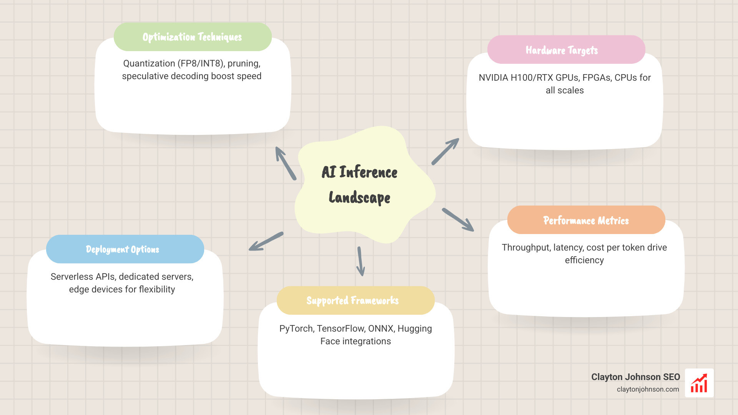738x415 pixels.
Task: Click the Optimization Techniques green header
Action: pyautogui.click(x=192, y=37)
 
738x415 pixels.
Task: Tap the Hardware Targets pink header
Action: pyautogui.click(x=566, y=50)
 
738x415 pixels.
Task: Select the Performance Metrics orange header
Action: pyautogui.click(x=586, y=220)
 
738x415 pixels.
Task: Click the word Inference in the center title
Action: pyautogui.click(x=368, y=172)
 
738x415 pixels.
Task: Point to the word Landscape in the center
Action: pyautogui.click(x=359, y=198)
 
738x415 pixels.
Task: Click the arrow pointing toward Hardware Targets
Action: pyautogui.click(x=445, y=151)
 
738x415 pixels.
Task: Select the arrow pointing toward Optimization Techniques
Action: pyautogui.click(x=286, y=163)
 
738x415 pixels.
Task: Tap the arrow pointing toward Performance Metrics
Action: pyautogui.click(x=458, y=219)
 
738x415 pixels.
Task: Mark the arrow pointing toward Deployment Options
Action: pyautogui.click(x=266, y=241)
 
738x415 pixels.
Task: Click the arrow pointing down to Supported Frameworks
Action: pyautogui.click(x=360, y=261)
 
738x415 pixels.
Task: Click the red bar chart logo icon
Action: pyautogui.click(x=699, y=383)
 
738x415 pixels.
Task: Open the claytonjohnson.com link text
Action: pyautogui.click(x=648, y=389)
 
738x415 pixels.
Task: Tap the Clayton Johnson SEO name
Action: pyautogui.click(x=635, y=377)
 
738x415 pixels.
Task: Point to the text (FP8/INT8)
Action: pyautogui.click(x=201, y=63)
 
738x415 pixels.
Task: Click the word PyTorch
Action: pyautogui.click(x=296, y=329)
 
